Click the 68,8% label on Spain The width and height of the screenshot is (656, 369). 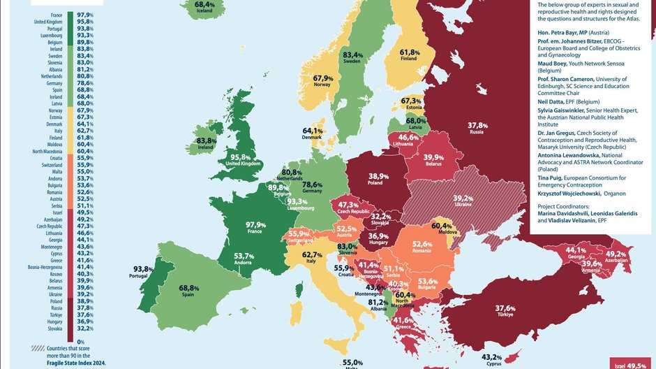[188, 288]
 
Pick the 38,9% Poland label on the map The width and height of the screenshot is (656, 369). [378, 176]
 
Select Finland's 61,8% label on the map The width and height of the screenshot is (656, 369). [409, 53]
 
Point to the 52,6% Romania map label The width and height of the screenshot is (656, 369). [423, 244]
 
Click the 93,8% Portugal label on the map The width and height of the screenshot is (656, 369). [143, 269]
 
